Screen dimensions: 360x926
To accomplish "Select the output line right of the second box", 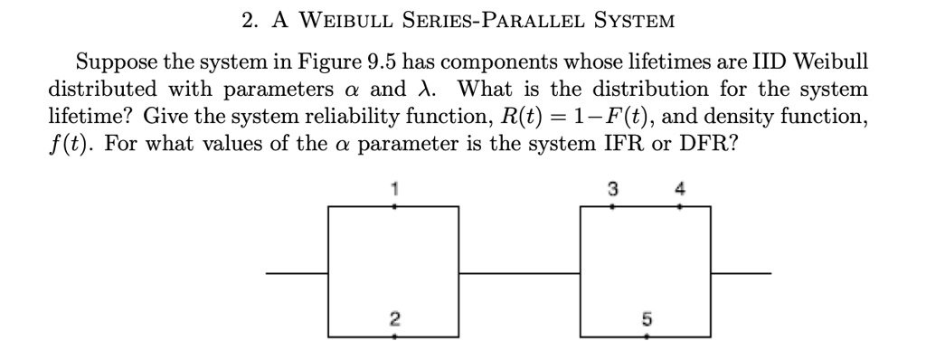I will coord(741,272).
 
